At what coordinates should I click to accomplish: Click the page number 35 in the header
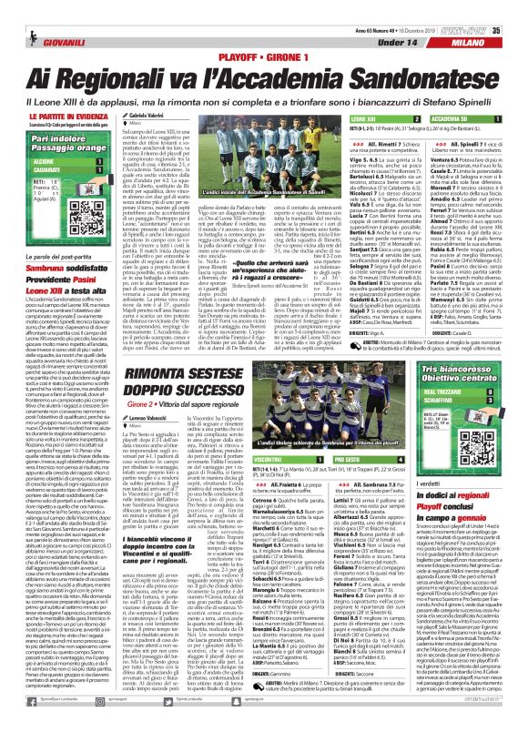[x=520, y=7]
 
